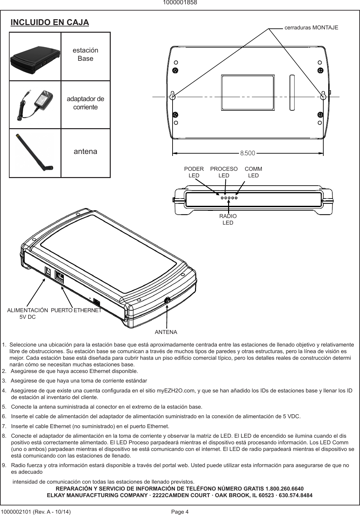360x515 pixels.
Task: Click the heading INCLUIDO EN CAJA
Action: point(50,22)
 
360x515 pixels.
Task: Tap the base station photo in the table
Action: point(35,57)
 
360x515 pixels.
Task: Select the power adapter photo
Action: point(35,104)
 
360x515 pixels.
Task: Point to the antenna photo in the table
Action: point(35,153)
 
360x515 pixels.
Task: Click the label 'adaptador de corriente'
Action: point(85,103)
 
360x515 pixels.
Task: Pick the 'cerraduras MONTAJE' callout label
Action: point(311,28)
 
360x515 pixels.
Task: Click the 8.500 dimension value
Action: point(248,153)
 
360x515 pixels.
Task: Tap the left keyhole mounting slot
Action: point(172,96)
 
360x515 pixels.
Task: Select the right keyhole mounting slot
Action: point(324,95)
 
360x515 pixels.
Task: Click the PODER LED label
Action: point(194,172)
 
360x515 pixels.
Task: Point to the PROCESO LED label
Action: point(224,172)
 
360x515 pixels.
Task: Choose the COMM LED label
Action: point(253,172)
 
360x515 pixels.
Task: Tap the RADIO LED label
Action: point(228,219)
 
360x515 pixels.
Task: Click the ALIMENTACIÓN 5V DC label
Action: point(28,313)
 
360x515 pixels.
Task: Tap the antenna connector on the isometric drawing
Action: point(167,300)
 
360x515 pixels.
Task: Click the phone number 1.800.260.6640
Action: point(285,489)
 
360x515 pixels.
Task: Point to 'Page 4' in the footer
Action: point(180,512)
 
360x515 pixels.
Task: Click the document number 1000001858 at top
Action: point(180,3)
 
